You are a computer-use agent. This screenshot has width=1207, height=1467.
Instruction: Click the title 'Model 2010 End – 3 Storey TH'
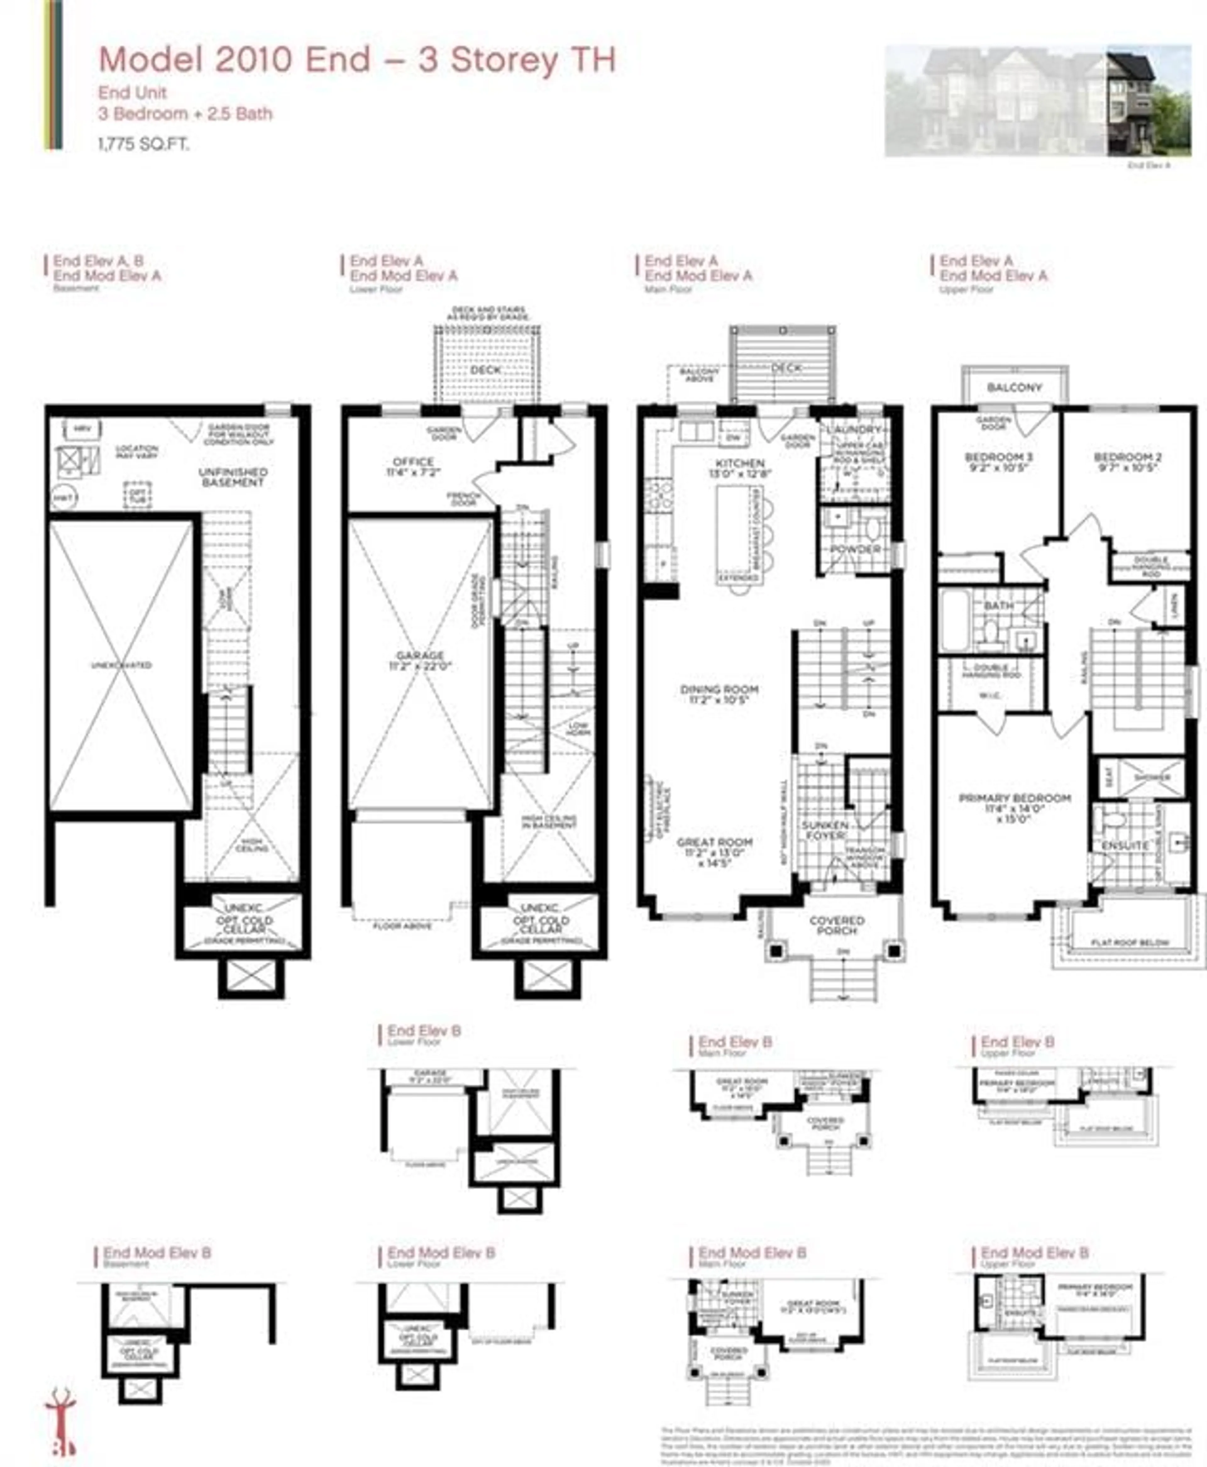pos(357,60)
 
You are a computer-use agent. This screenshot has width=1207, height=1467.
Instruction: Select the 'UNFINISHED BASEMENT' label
pos(233,477)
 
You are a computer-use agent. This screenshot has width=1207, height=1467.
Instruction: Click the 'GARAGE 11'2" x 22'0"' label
pos(420,661)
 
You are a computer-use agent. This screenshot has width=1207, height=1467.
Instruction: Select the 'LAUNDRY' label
pos(854,430)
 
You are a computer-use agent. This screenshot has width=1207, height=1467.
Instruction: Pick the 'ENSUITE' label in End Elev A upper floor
pos(1125,845)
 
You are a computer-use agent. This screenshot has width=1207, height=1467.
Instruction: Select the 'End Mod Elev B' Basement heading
pos(157,1253)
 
